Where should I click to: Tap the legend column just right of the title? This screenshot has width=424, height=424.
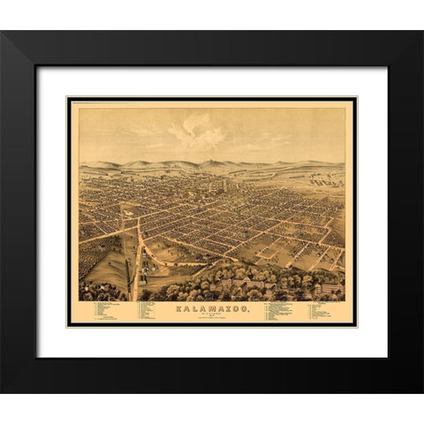278,310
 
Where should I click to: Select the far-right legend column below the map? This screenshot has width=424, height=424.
325,310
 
